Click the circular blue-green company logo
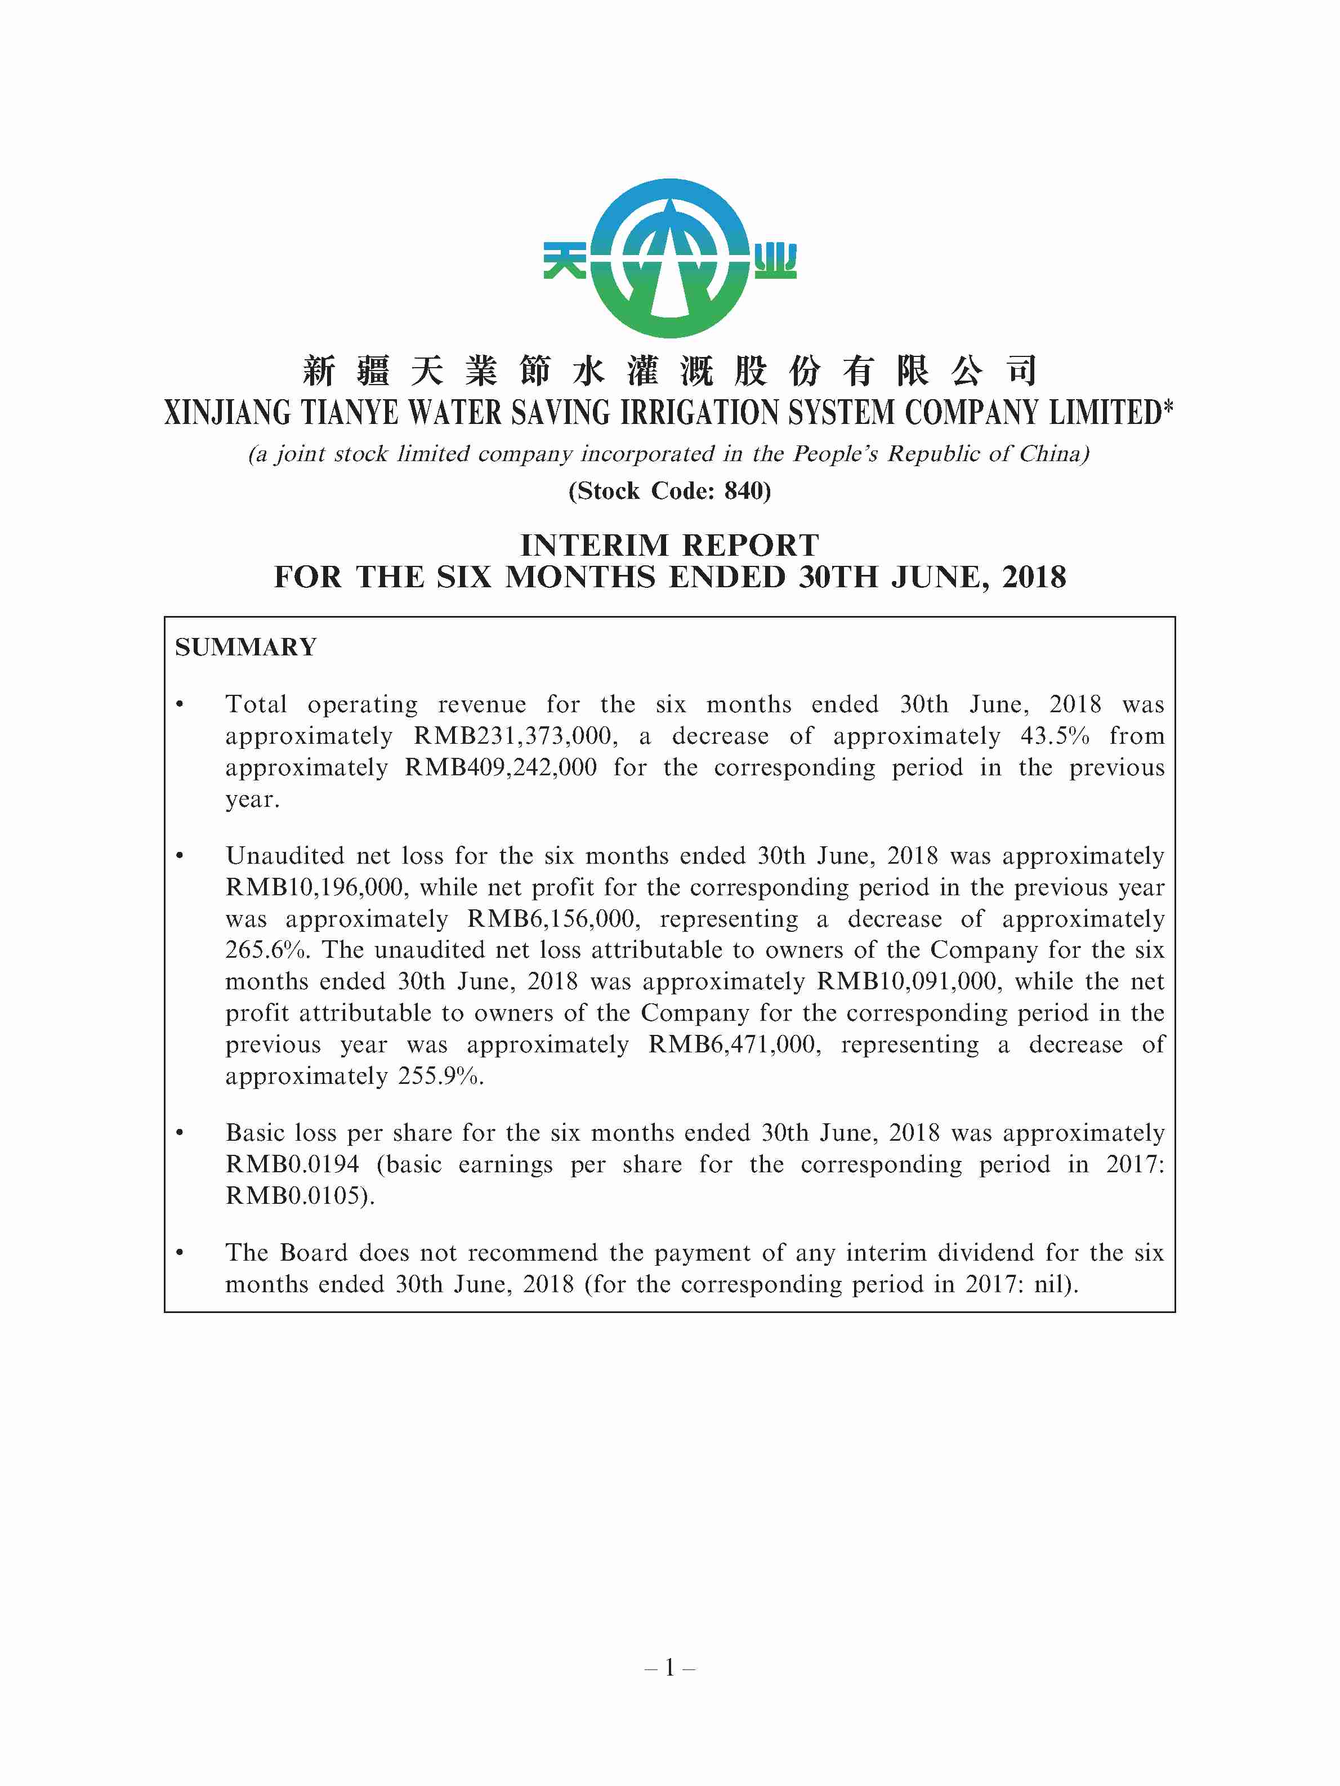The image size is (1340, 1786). (x=669, y=258)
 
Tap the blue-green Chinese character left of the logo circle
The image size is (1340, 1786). (x=565, y=260)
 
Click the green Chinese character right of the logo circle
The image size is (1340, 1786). (x=775, y=261)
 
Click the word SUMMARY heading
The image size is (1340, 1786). (x=245, y=648)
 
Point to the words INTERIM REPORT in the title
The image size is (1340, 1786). (x=669, y=546)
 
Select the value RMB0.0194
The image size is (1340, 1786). (x=292, y=1164)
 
